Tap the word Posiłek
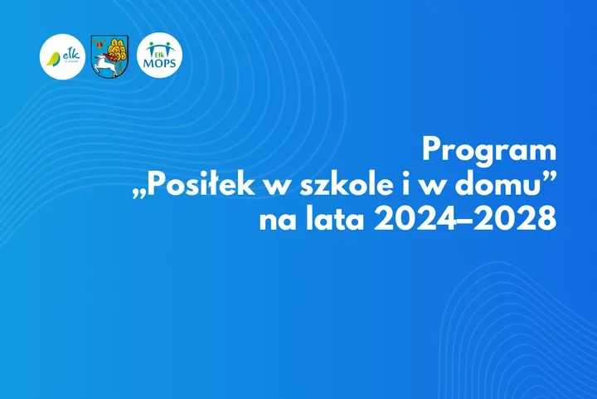pos(201,185)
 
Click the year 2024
pos(415,219)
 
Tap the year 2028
pos(515,219)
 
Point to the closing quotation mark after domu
pos(550,178)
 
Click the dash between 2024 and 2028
pos(464,221)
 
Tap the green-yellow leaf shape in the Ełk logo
pos(53,59)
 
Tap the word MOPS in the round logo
pos(159,62)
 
